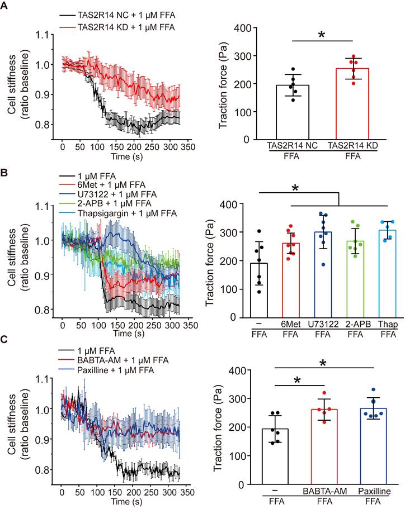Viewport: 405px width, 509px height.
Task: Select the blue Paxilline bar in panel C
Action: click(374, 446)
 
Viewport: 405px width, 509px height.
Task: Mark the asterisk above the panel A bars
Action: click(321, 35)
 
